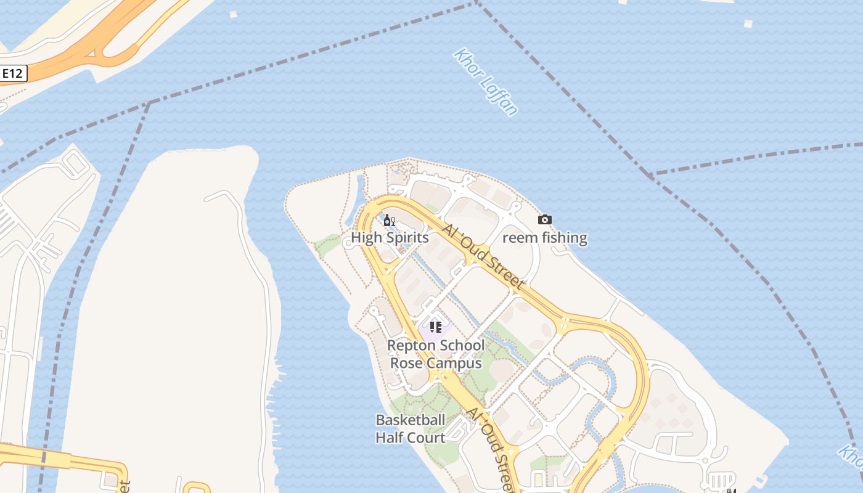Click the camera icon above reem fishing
544,220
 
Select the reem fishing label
545,238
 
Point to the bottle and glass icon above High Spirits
389,221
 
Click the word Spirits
407,238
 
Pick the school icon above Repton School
436,327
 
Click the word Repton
411,346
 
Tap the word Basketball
411,420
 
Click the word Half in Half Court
389,438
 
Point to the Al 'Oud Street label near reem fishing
483,256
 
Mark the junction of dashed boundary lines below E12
149,103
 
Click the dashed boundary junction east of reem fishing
650,176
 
